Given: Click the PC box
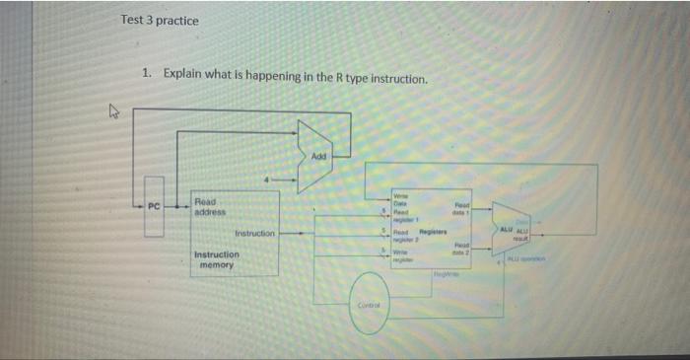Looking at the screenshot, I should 153,206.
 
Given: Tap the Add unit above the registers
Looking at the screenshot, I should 317,155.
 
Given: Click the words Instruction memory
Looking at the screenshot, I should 216,259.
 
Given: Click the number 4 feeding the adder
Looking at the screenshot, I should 264,180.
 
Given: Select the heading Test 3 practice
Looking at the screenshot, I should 159,21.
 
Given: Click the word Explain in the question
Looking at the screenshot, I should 185,73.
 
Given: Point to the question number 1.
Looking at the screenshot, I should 146,73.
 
